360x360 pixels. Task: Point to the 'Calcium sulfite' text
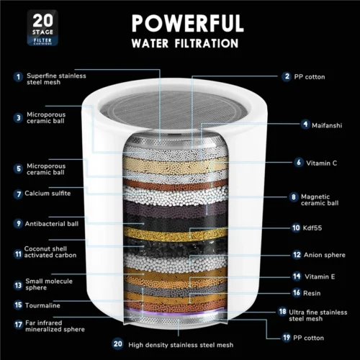[48, 194]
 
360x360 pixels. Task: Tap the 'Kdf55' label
[311, 228]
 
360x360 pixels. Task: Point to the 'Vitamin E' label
[320, 276]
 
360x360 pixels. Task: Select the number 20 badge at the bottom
[118, 343]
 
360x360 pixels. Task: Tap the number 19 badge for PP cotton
[286, 337]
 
